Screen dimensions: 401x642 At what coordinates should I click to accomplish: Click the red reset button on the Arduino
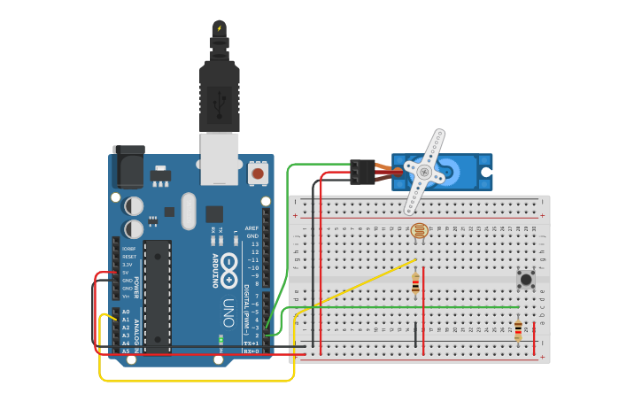click(x=258, y=173)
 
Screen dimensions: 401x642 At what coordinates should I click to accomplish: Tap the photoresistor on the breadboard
click(x=420, y=231)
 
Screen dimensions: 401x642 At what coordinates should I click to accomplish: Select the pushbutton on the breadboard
click(x=526, y=279)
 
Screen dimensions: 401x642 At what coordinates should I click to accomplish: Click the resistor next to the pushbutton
click(x=518, y=331)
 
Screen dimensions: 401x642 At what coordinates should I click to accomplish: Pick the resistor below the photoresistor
click(x=415, y=284)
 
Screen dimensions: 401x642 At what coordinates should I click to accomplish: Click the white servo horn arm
click(x=426, y=171)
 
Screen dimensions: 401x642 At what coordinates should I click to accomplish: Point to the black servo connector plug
click(x=362, y=171)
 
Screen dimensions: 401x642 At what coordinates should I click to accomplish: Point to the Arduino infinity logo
click(x=228, y=266)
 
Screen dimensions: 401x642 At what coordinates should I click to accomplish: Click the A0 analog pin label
click(x=126, y=312)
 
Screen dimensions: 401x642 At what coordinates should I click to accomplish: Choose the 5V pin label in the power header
click(x=127, y=273)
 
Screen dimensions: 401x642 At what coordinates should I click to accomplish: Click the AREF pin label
click(x=252, y=228)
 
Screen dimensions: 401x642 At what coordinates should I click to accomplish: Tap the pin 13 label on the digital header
click(x=255, y=244)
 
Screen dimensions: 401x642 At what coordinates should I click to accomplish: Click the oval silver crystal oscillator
click(x=188, y=211)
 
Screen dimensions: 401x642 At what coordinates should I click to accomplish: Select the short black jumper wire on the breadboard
click(x=415, y=335)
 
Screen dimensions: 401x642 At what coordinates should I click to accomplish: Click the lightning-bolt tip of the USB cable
click(x=219, y=28)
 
